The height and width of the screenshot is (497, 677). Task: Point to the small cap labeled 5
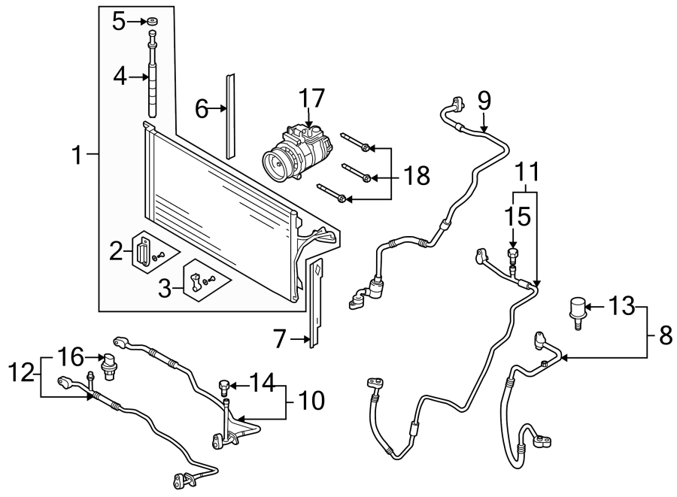(153, 20)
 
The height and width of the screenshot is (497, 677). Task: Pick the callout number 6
(202, 109)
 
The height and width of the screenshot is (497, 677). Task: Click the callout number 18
(416, 176)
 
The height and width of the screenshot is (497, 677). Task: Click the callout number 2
(116, 251)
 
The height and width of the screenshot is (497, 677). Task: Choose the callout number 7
(280, 340)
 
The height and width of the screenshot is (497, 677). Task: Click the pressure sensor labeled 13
(577, 310)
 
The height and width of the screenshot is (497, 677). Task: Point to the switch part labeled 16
(108, 364)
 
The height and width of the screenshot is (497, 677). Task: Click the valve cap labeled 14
(223, 387)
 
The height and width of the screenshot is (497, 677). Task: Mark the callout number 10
(311, 400)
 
